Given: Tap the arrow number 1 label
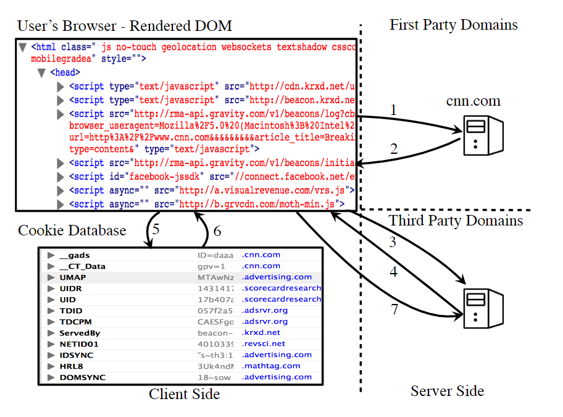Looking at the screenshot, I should (x=393, y=110).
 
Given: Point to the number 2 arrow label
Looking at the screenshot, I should (x=393, y=148).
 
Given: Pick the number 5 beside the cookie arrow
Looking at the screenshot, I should (x=156, y=229).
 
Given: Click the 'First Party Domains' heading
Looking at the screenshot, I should (x=454, y=25).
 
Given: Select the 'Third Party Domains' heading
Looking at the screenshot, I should (x=456, y=221).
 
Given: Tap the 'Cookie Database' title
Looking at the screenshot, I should (x=72, y=230).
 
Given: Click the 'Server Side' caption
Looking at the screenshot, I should (x=447, y=390).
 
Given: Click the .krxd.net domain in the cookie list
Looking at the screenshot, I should (x=262, y=332).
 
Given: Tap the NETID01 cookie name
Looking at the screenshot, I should (x=78, y=343).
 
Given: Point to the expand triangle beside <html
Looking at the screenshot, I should (x=23, y=47).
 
